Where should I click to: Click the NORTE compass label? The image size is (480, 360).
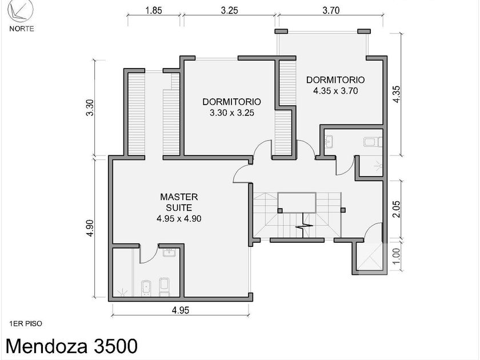pos(22,29)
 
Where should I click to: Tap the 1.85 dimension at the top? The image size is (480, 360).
pos(153,10)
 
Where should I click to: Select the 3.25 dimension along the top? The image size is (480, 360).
pos(229,10)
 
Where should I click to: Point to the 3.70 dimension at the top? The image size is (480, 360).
pos(331,10)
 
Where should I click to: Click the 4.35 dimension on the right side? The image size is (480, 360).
pos(396,94)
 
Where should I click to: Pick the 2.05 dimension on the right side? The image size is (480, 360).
pos(396,209)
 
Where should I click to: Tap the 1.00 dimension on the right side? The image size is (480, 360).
pos(396,255)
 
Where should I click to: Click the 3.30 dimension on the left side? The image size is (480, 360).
pos(90,108)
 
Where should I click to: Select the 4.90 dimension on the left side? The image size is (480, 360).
pos(90,228)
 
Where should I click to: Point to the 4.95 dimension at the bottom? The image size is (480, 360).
pos(181,310)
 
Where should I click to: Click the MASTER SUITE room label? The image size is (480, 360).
pos(179,202)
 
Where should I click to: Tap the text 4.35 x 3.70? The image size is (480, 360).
pos(335,91)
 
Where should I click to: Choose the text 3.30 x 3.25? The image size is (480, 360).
pos(232,113)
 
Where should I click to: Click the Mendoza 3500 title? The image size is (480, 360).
pos(71,346)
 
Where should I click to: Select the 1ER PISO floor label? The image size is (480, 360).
pos(26,323)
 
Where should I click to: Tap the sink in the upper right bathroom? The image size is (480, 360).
pos(329,141)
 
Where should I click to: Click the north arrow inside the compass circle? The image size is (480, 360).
pos(17,13)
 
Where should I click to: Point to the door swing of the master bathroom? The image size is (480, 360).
pos(149,255)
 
